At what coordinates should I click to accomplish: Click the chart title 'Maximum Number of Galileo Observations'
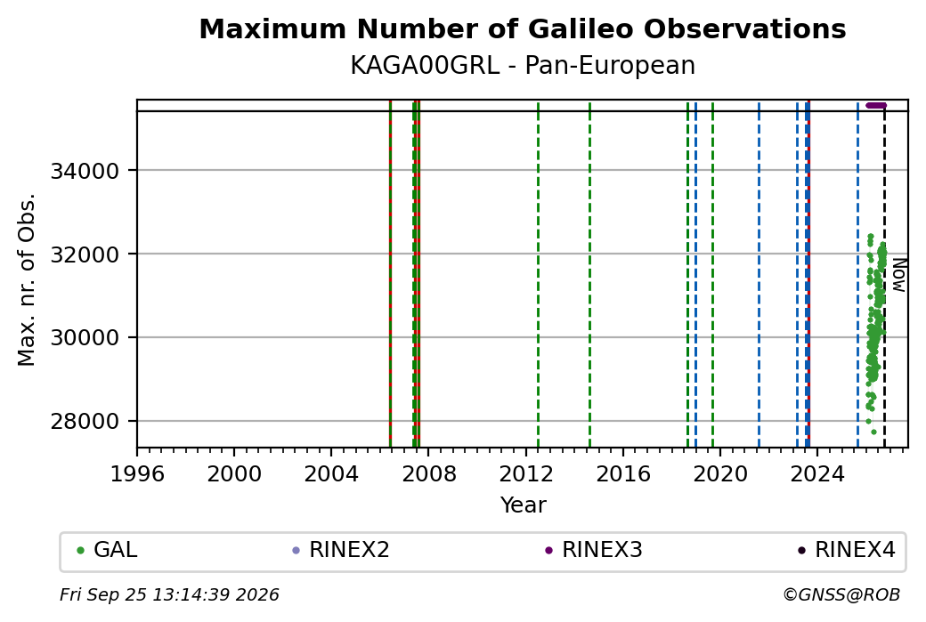click(x=523, y=29)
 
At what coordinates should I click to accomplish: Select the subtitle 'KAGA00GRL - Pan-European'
click(x=523, y=66)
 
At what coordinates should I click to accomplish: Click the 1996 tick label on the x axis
click(x=137, y=473)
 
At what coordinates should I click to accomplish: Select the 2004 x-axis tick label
click(x=331, y=473)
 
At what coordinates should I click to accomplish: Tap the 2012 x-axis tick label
click(x=525, y=473)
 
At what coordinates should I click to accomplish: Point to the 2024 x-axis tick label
click(x=817, y=473)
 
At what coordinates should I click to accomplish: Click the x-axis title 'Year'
click(x=524, y=505)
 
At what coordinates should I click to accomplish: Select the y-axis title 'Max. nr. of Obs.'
click(x=27, y=279)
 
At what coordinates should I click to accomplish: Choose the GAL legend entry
click(x=108, y=550)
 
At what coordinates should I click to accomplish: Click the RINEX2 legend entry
click(x=341, y=550)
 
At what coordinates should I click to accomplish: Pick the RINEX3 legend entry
click(x=594, y=550)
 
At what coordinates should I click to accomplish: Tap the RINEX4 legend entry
click(x=847, y=550)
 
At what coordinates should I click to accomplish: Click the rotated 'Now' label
click(x=898, y=275)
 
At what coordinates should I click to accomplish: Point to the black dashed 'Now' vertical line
click(x=884, y=279)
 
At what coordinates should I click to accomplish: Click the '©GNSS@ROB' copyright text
click(x=841, y=594)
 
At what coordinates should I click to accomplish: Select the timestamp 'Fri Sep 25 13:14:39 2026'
click(x=169, y=594)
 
